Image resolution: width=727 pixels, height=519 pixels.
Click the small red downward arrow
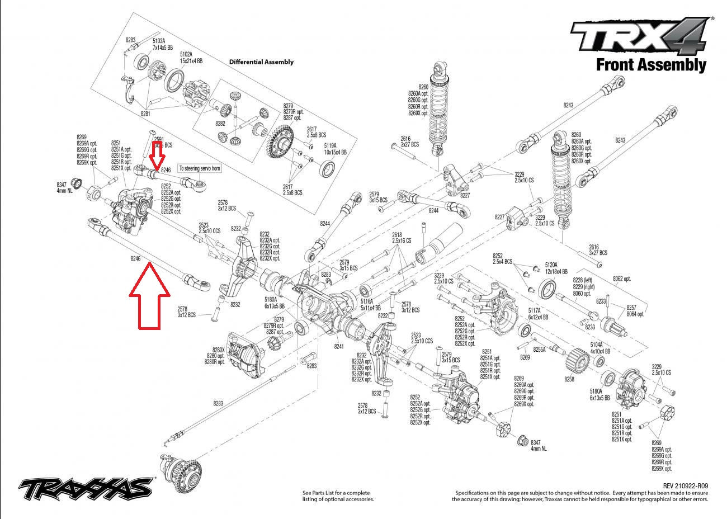pos(157,155)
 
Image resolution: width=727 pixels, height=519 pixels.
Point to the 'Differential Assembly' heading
pos(261,62)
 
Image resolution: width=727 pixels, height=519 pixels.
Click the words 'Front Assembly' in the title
pos(650,65)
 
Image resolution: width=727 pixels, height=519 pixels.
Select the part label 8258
pos(569,379)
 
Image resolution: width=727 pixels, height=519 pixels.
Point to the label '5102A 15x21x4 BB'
pos(191,56)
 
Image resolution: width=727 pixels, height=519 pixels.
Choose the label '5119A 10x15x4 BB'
pos(335,149)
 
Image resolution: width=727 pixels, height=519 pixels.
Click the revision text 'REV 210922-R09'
pos(685,486)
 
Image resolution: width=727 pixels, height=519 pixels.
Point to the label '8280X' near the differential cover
pos(219,350)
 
